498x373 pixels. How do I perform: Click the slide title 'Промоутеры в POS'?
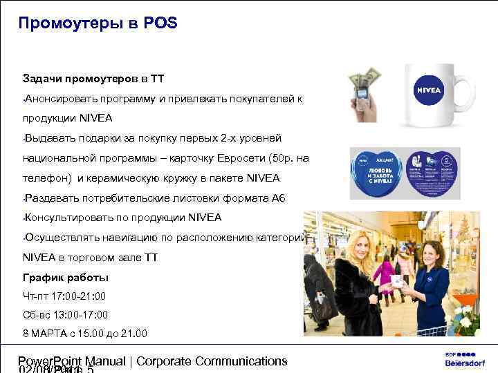[x=98, y=23]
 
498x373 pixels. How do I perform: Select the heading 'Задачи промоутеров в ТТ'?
[x=93, y=78]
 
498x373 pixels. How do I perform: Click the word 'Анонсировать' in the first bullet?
[x=57, y=98]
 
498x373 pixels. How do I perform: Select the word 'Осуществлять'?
[x=59, y=238]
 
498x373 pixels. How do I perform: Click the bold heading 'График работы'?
[x=65, y=278]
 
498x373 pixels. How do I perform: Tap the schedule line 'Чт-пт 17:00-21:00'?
[x=64, y=296]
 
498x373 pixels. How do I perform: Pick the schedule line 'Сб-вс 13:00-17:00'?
[x=65, y=315]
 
